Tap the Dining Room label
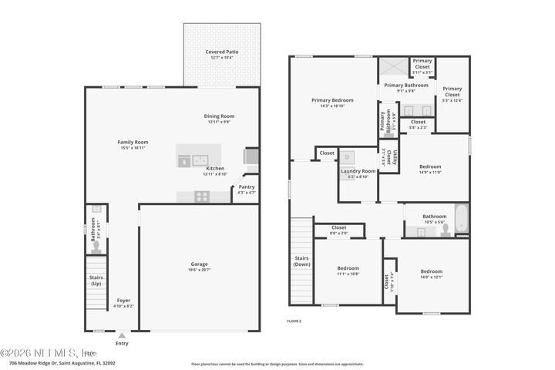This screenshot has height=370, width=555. (219, 116)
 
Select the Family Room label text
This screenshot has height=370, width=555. (133, 142)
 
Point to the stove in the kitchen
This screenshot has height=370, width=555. (201, 197)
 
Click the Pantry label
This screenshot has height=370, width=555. (246, 187)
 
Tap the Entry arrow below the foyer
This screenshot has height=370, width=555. (121, 335)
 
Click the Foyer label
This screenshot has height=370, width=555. (123, 300)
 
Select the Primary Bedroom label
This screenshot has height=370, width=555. (332, 100)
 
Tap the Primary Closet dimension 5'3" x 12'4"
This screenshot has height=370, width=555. (452, 99)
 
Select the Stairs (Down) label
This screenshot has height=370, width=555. (301, 261)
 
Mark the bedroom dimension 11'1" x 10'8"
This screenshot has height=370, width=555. (348, 274)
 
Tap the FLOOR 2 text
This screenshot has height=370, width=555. (294, 320)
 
